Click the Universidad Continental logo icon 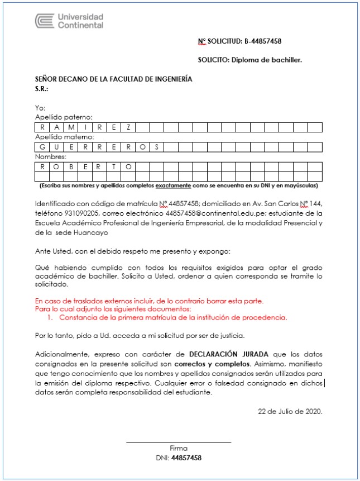tap(44, 21)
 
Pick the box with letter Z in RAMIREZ tap(128, 127)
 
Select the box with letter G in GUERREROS tap(42, 147)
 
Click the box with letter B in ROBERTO tap(70, 166)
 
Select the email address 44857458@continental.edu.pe tap(214, 213)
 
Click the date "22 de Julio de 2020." tap(290, 411)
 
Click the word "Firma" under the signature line tap(179, 448)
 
